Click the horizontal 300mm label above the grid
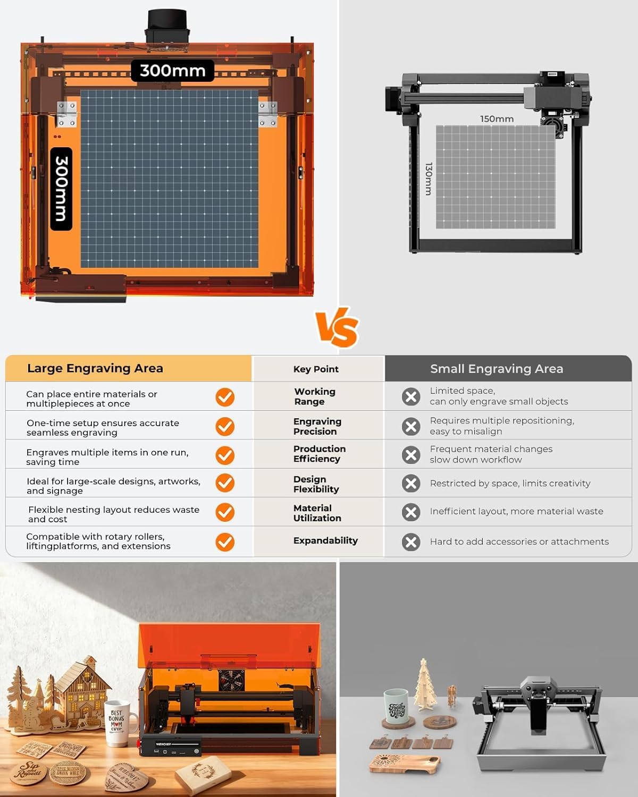click(172, 71)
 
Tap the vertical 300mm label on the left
click(61, 189)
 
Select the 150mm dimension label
click(497, 119)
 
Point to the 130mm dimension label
click(429, 179)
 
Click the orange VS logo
click(337, 327)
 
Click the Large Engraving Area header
click(95, 368)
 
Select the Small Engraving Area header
click(496, 369)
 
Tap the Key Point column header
click(316, 369)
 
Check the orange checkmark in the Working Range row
click(225, 397)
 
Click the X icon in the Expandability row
click(411, 542)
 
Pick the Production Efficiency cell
click(319, 454)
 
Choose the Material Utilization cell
click(317, 513)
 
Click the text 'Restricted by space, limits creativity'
click(510, 484)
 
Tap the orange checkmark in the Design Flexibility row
click(225, 483)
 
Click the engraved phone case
click(404, 764)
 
